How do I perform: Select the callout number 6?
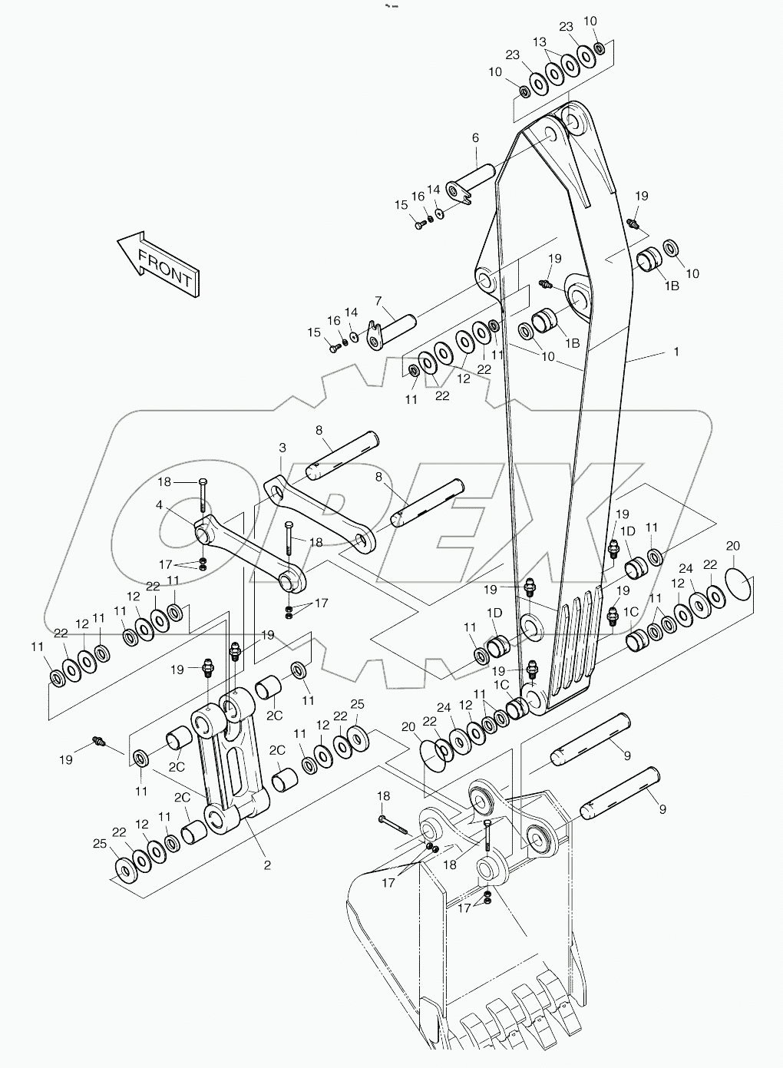[x=475, y=138]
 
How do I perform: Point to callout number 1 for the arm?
[x=676, y=352]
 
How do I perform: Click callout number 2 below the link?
[x=267, y=865]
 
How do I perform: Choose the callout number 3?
[x=282, y=447]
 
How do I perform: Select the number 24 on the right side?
[x=686, y=569]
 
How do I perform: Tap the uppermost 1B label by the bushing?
[x=672, y=286]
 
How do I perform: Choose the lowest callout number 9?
[x=661, y=808]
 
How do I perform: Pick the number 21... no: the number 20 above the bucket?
[x=408, y=726]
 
